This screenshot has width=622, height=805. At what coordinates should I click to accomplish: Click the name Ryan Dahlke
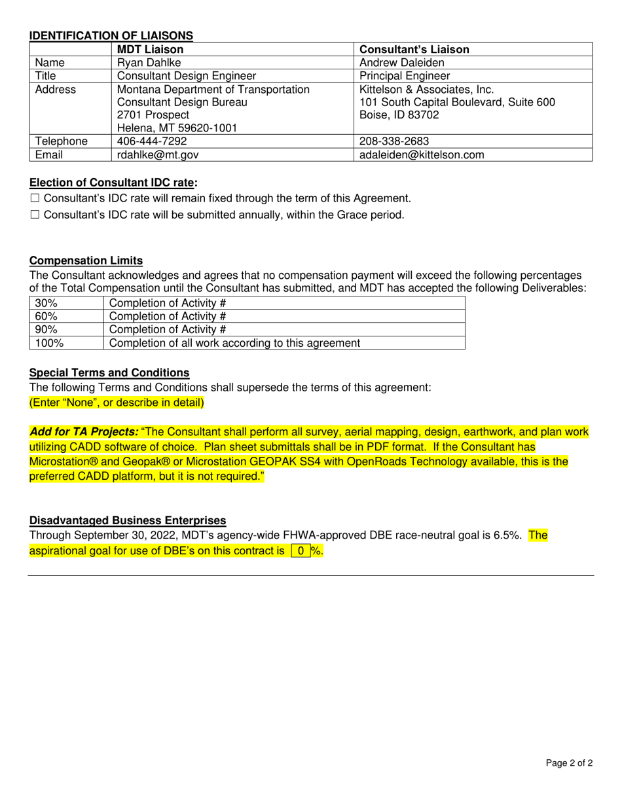[x=147, y=63]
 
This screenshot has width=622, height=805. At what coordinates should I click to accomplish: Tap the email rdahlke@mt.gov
[x=158, y=154]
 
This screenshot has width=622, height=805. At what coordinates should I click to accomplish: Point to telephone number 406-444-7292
[x=152, y=141]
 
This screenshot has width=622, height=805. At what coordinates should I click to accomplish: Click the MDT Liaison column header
[x=150, y=49]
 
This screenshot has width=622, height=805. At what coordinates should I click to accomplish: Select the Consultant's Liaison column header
[x=414, y=49]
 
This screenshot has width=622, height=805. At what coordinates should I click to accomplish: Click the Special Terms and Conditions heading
[x=109, y=372]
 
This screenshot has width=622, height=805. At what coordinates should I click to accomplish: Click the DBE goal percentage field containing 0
[x=301, y=551]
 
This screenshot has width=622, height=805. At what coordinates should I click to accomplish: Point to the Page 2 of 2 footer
[x=569, y=762]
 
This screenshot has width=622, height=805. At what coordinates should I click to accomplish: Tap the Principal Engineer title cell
[x=405, y=76]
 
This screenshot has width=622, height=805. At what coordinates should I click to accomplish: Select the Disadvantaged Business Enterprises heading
[x=128, y=520]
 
